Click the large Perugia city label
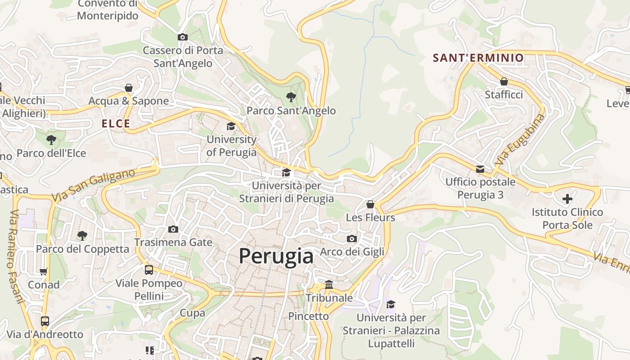(x=276, y=256)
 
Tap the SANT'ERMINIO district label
(x=478, y=58)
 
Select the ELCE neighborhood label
(x=116, y=124)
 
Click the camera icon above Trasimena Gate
(x=173, y=229)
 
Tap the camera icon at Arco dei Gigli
(x=352, y=238)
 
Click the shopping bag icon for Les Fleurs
(x=370, y=205)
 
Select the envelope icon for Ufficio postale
(x=480, y=169)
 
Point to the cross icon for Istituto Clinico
(x=567, y=198)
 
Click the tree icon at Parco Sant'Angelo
(x=291, y=97)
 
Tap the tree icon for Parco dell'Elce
(x=51, y=140)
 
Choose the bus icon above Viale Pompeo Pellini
(x=149, y=270)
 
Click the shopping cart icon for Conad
(x=44, y=271)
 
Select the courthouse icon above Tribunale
(x=329, y=285)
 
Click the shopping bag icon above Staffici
(x=504, y=81)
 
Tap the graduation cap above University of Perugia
(x=231, y=126)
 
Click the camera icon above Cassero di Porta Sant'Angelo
(x=183, y=37)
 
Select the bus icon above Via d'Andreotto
(x=45, y=321)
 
